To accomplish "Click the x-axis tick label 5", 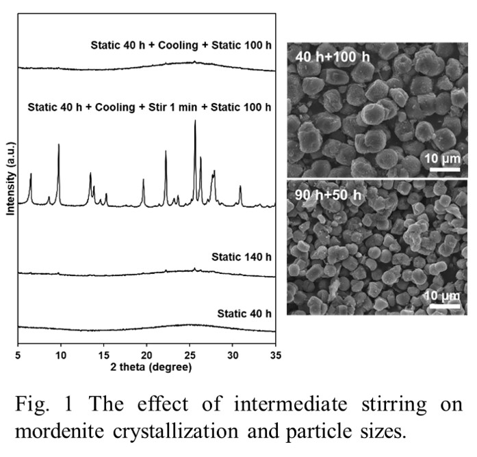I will [x=18, y=357].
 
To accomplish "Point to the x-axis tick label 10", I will [x=61, y=357].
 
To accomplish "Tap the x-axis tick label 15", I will [x=104, y=357].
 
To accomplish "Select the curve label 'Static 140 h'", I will [x=242, y=258].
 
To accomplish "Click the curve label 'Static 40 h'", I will [x=244, y=314].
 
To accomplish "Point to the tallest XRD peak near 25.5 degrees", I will [x=195, y=122].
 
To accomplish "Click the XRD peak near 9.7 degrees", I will [x=59, y=145].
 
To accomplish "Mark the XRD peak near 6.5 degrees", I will [x=31, y=174].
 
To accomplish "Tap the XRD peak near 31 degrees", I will [x=240, y=186].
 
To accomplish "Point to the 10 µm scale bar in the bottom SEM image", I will [x=443, y=305].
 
